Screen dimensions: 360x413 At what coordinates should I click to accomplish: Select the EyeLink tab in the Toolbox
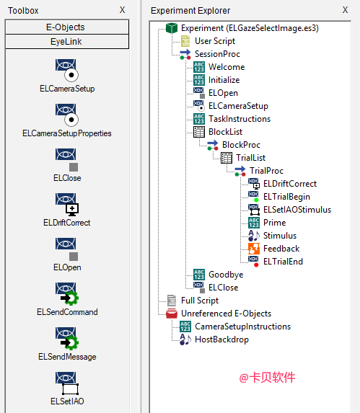tap(67, 42)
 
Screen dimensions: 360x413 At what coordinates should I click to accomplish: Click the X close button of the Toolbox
tap(122, 10)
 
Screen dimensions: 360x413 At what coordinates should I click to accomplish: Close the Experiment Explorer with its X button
tap(345, 10)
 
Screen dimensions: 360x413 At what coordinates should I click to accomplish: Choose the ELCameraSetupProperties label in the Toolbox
tap(67, 133)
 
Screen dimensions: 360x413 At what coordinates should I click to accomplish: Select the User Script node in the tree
tap(215, 41)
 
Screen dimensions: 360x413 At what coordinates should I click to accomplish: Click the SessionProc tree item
tap(217, 54)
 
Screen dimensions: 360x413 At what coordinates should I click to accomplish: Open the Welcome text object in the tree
tap(227, 67)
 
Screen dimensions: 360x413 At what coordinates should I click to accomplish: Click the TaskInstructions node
tap(240, 119)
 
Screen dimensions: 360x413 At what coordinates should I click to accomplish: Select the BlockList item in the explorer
tap(225, 132)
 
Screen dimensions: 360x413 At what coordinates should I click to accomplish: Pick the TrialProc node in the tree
tap(266, 171)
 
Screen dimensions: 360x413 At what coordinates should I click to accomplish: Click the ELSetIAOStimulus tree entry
tap(297, 210)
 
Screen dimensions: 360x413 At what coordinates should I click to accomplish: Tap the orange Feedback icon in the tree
tap(254, 249)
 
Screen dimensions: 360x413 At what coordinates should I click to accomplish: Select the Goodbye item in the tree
tap(226, 275)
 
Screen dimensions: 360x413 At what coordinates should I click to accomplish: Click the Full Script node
tap(200, 301)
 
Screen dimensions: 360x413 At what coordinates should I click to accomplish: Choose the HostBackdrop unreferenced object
tap(221, 339)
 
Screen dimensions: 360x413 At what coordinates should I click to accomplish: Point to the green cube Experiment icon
tap(172, 28)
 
